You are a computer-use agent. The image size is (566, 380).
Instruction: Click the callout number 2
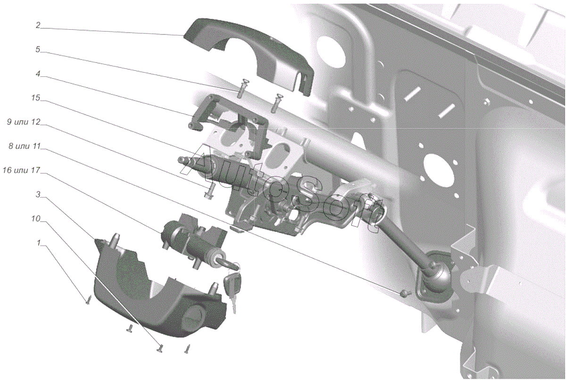click(x=38, y=25)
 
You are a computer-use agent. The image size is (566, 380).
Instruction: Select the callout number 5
click(x=38, y=50)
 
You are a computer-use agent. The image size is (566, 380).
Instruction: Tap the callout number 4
click(x=38, y=74)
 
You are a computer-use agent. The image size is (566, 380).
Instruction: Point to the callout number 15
click(x=36, y=98)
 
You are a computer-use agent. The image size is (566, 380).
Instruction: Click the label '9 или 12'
click(x=24, y=122)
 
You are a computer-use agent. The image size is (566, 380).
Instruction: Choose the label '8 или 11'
click(x=25, y=146)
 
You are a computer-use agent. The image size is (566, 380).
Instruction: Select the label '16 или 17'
click(x=22, y=170)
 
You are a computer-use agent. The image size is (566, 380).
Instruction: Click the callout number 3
click(x=38, y=194)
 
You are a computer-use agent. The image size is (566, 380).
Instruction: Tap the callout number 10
click(x=36, y=219)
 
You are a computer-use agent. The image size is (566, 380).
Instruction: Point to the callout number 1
click(x=38, y=243)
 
